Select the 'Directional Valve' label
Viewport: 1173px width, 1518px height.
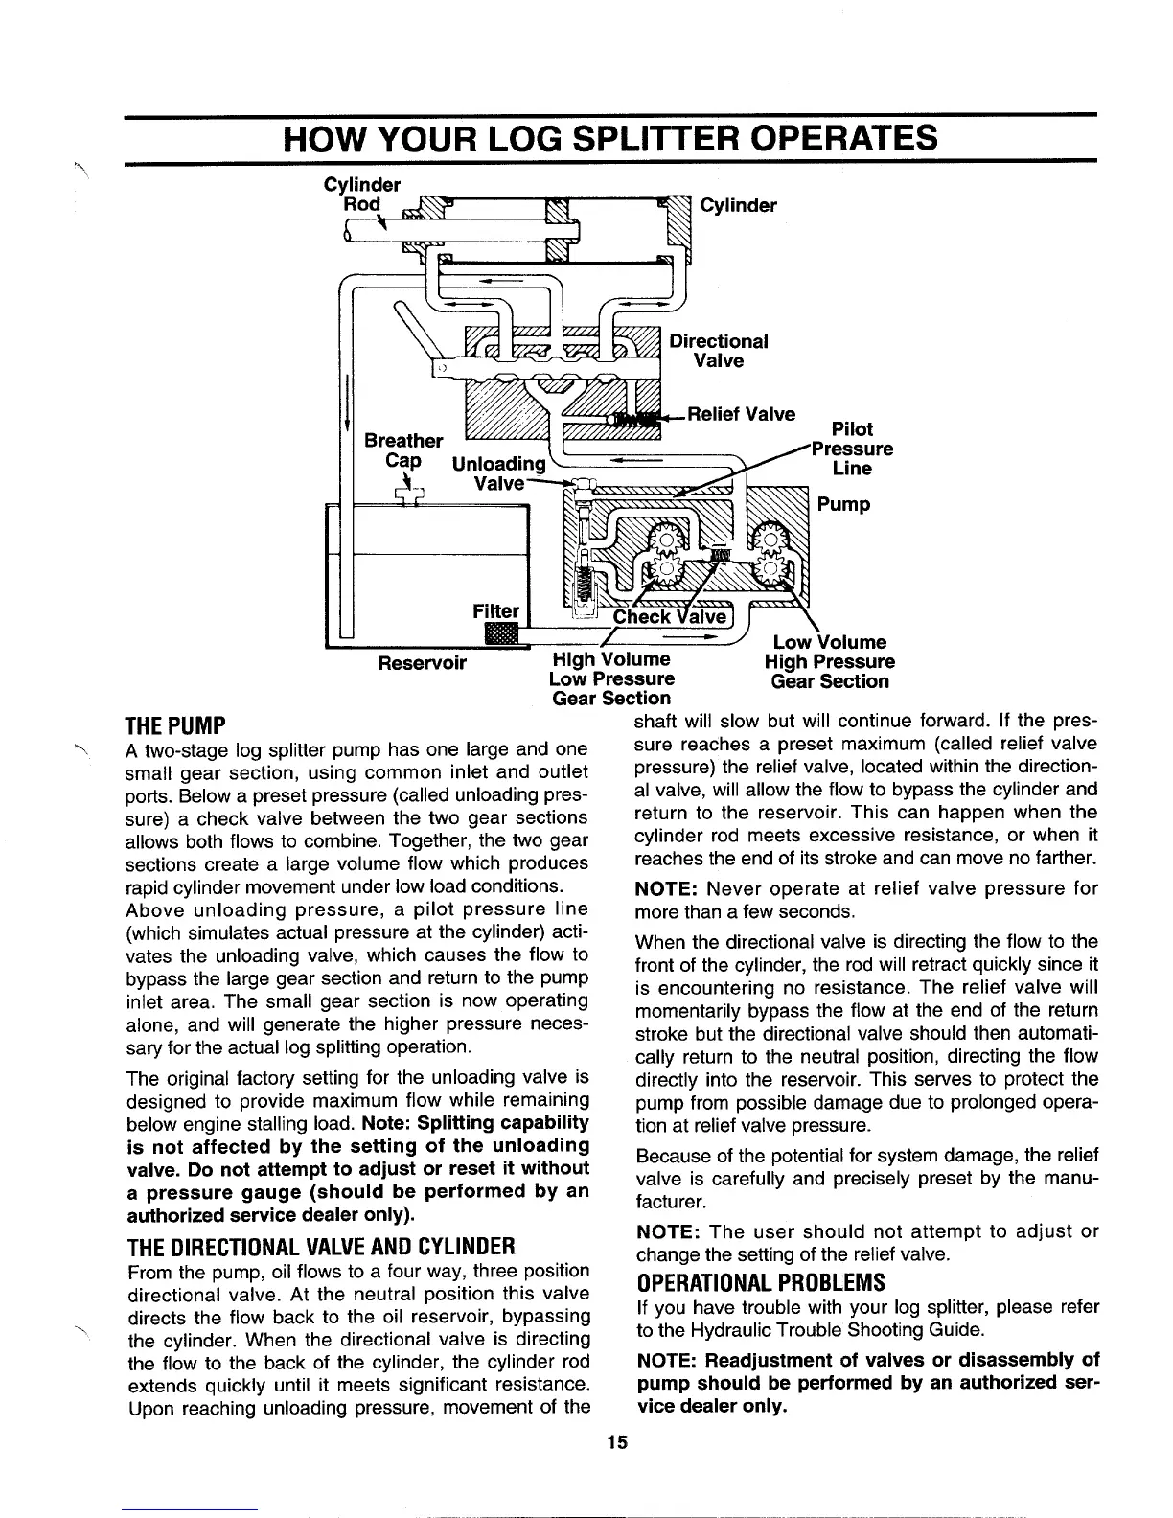coord(719,351)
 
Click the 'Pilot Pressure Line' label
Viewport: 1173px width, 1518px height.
coord(852,448)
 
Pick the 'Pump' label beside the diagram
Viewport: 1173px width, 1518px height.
coord(843,504)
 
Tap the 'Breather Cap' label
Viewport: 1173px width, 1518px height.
coord(403,450)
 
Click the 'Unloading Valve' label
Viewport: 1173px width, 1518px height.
coord(498,473)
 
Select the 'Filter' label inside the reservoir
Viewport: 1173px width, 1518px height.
coord(496,611)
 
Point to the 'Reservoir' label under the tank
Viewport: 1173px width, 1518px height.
coord(422,663)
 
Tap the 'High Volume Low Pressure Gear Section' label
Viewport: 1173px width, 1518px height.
coord(611,678)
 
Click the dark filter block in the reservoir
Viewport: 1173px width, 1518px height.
coord(500,632)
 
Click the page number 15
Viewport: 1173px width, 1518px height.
coord(617,1444)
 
